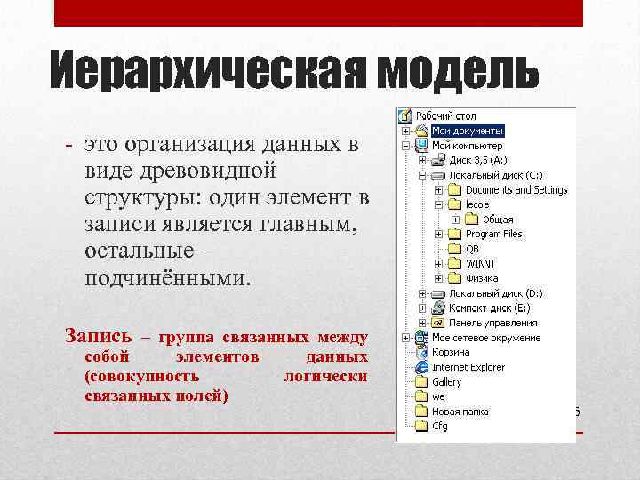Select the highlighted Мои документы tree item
click(x=468, y=131)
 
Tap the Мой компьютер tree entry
click(x=467, y=146)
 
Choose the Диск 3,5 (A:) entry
click(x=477, y=160)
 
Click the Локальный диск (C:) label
click(x=495, y=175)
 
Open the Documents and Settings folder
click(x=516, y=189)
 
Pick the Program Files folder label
click(x=493, y=234)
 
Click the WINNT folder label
click(x=481, y=263)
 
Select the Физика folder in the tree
click(x=482, y=278)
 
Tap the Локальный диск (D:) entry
click(x=495, y=293)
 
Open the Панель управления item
click(x=492, y=323)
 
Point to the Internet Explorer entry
click(x=468, y=367)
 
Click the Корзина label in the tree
click(x=451, y=352)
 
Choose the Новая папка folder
click(x=460, y=412)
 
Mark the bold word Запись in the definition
click(x=99, y=337)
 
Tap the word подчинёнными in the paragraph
click(x=168, y=278)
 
